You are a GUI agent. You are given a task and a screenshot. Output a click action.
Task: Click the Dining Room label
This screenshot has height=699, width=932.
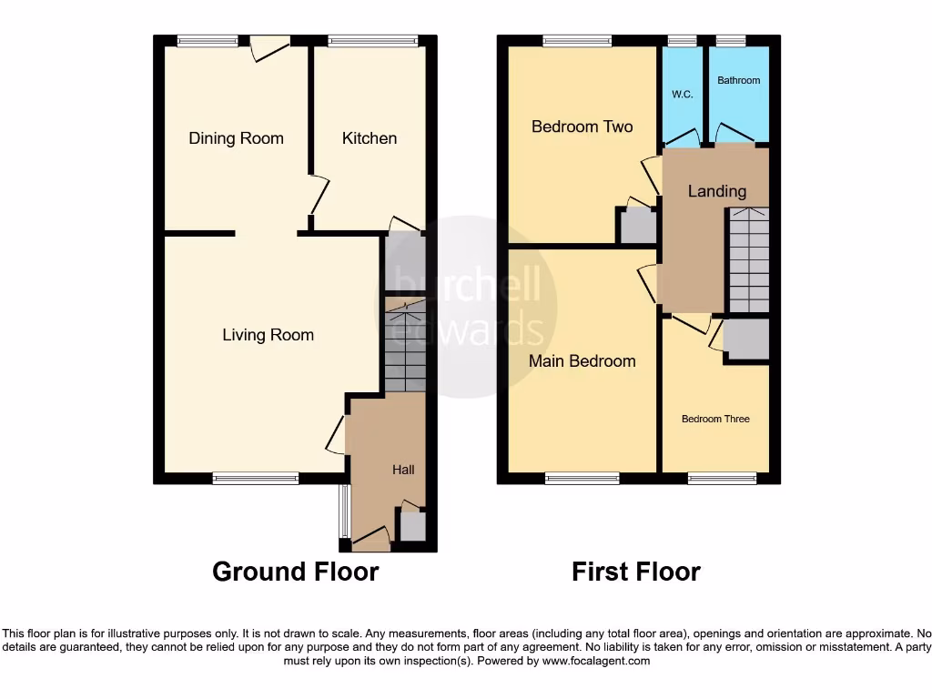[236, 138]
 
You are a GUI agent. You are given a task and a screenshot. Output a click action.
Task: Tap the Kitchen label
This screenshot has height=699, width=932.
[370, 138]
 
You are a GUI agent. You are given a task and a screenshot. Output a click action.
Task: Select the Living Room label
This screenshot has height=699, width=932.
[268, 335]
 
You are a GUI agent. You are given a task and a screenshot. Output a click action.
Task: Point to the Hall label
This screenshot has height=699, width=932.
[403, 470]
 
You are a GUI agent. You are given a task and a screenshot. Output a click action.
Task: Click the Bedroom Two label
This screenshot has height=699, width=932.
[582, 127]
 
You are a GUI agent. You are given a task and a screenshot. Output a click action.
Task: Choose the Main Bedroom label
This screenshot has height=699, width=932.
[582, 361]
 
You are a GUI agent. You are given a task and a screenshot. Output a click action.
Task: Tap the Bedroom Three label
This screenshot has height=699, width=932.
[715, 419]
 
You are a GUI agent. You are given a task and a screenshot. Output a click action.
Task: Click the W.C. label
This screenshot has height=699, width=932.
[683, 95]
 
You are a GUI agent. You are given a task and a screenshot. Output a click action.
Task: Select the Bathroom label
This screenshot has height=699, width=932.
[738, 80]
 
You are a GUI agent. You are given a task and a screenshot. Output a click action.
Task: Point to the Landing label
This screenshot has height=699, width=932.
[716, 191]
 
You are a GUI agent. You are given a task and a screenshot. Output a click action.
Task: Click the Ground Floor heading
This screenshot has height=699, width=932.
[295, 572]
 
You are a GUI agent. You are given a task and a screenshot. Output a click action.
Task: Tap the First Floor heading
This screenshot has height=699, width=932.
[635, 572]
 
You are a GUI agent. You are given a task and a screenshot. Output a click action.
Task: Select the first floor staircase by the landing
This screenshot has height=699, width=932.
[748, 260]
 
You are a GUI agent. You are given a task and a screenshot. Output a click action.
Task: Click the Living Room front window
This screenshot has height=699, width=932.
[256, 478]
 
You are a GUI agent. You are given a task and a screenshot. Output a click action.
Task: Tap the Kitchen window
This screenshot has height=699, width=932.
[373, 41]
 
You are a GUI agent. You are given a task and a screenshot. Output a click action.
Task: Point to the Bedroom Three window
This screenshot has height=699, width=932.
[722, 478]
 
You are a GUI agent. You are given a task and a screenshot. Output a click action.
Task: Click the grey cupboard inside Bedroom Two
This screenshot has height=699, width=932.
[638, 225]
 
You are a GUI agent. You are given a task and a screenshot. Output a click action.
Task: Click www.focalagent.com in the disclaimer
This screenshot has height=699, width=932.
[595, 662]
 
